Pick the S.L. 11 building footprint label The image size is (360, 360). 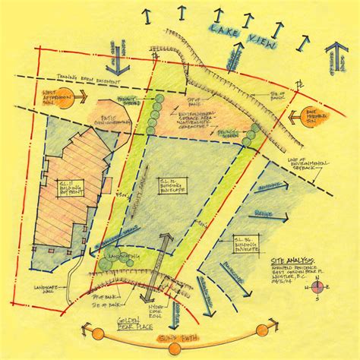pos(74,187)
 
